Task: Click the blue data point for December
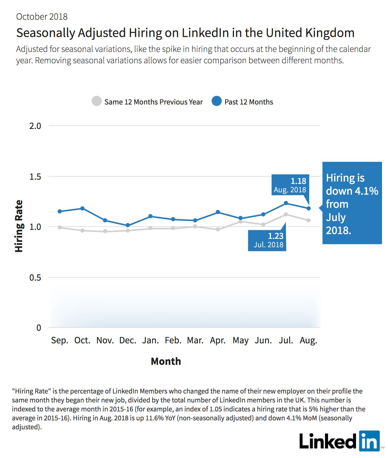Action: click(x=127, y=225)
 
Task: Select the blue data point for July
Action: click(x=286, y=203)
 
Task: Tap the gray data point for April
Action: click(x=218, y=229)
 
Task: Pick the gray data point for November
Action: click(x=105, y=231)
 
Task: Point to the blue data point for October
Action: click(x=82, y=208)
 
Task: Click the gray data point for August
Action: click(x=309, y=220)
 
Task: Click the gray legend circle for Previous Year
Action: click(x=97, y=101)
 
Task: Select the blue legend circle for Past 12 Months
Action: click(x=217, y=101)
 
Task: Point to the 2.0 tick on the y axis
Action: click(x=35, y=126)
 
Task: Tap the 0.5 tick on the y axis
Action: click(x=35, y=277)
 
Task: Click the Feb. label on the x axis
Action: click(x=173, y=340)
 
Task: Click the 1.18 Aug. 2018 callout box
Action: click(x=290, y=185)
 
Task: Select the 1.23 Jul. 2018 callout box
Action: click(x=267, y=240)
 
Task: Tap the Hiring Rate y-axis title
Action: click(x=19, y=226)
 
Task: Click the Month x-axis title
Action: click(x=166, y=361)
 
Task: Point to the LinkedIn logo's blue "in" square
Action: click(x=369, y=441)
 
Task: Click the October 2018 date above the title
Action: click(x=42, y=17)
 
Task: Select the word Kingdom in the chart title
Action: click(x=330, y=33)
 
